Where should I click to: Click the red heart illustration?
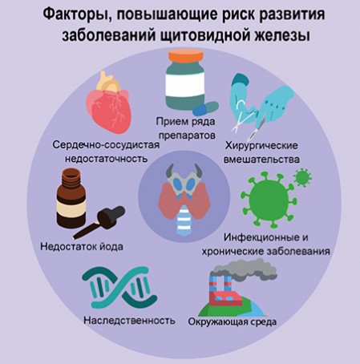coord(109,103)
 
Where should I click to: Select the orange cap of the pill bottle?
coord(186,56)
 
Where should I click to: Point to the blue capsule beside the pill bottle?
coord(206,108)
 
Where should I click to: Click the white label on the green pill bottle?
coord(185,84)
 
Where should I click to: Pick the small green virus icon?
coord(302,177)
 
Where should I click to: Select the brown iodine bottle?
coord(71,199)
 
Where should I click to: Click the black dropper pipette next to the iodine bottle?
coord(99,222)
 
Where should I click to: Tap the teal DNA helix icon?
coord(119,288)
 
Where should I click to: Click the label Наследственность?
coord(129,320)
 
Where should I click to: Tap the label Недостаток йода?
coord(82,246)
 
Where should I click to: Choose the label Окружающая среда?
coord(233,322)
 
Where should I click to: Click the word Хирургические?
coord(261,146)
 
